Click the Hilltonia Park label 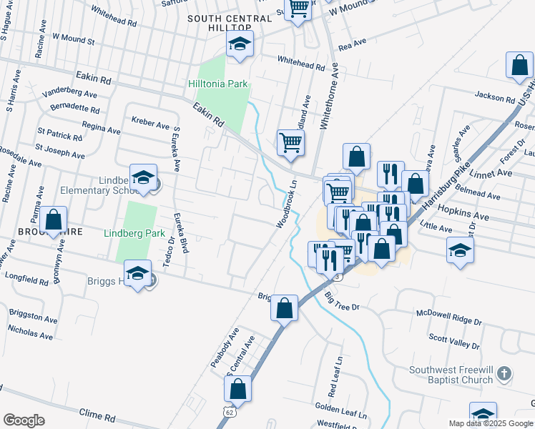pos(217,84)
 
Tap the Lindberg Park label pos(134,233)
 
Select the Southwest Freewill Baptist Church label pos(451,375)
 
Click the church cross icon pos(504,373)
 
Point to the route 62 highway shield pos(228,412)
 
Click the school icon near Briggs pos(137,273)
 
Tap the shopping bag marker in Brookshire pos(53,220)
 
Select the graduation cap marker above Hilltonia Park pos(240,44)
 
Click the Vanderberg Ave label pos(69,94)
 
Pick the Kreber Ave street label pos(150,124)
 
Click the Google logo pos(24,420)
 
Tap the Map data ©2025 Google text pos(490,423)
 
